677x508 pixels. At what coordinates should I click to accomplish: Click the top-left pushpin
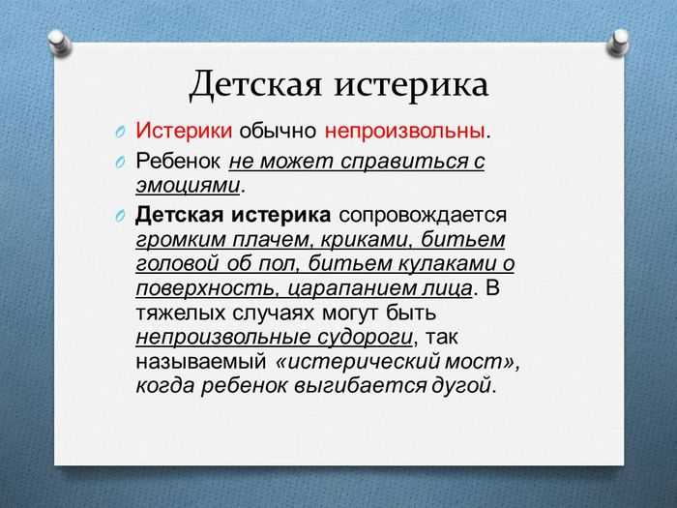60,43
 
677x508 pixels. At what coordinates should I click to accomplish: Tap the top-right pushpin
619,43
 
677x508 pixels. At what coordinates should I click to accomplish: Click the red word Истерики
184,130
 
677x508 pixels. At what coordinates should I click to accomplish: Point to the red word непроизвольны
404,131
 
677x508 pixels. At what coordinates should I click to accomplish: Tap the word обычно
278,131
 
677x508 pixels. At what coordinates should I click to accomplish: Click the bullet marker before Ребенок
121,163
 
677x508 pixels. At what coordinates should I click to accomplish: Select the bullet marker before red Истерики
121,132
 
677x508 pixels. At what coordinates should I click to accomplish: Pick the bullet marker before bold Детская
121,216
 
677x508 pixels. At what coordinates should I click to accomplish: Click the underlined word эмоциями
188,186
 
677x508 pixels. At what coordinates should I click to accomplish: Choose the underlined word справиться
404,162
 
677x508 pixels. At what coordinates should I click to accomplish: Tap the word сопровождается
423,215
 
